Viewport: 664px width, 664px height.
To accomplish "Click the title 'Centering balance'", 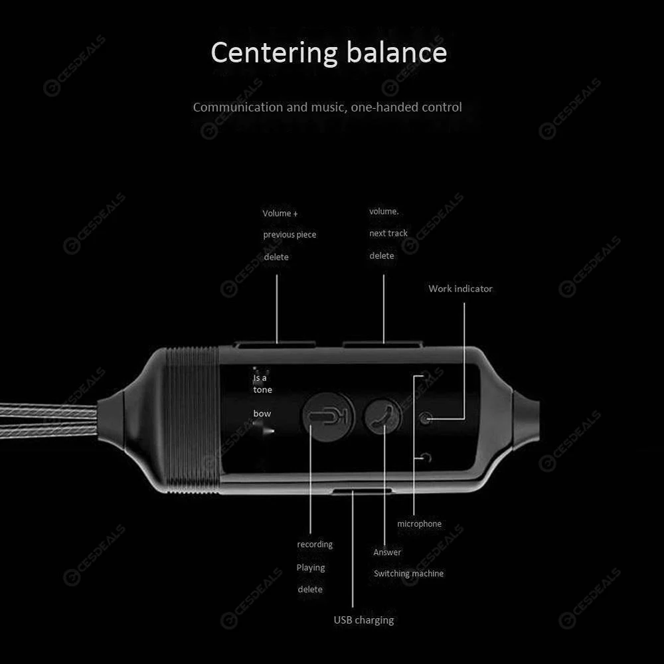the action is pos(329,52).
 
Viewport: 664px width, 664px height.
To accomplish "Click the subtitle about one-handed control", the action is pos(327,107).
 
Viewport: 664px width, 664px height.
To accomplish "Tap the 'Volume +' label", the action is pos(280,213).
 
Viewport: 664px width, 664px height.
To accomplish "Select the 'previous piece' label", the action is pos(290,234).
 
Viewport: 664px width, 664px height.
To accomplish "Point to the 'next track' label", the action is pos(388,233).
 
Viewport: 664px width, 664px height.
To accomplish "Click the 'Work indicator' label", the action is pos(460,289).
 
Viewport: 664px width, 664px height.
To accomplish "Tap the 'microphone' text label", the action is pos(419,524).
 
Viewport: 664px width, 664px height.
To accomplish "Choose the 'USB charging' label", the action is pos(364,620).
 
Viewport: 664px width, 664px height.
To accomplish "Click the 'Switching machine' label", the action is pos(408,574).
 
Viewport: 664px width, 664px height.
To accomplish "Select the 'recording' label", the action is pos(315,544).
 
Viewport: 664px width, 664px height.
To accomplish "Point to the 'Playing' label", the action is pos(310,568).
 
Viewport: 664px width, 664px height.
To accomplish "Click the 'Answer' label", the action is pos(387,552).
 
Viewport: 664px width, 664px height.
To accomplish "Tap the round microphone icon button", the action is pos(328,417).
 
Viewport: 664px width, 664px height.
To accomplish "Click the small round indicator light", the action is pos(425,418).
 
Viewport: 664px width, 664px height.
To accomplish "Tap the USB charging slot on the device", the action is pos(362,491).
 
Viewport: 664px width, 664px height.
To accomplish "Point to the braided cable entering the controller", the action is pos(48,420).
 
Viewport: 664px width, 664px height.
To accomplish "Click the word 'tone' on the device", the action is pos(262,390).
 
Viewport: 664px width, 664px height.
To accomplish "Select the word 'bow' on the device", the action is pos(262,414).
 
